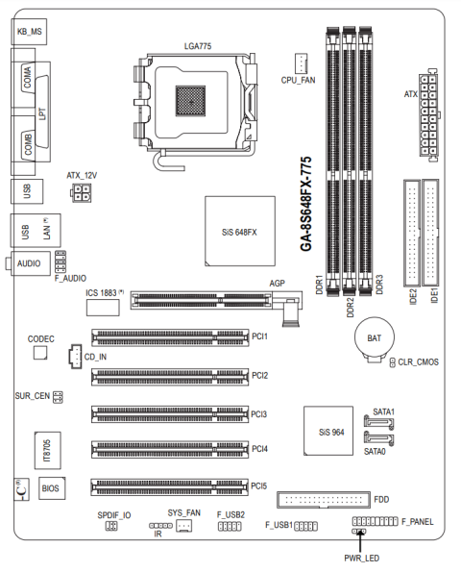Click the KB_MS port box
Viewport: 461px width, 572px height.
[29, 32]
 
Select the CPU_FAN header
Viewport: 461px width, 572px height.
[301, 62]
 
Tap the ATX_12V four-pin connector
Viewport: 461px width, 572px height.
[82, 192]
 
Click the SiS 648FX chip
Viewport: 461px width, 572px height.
[240, 232]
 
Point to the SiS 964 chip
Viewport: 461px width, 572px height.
[328, 431]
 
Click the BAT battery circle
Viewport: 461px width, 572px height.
[375, 337]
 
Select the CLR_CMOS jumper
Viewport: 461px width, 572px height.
[393, 362]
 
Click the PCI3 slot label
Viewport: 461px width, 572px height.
[258, 414]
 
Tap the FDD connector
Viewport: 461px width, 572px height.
[324, 500]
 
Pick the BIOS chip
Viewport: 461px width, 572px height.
[52, 488]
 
